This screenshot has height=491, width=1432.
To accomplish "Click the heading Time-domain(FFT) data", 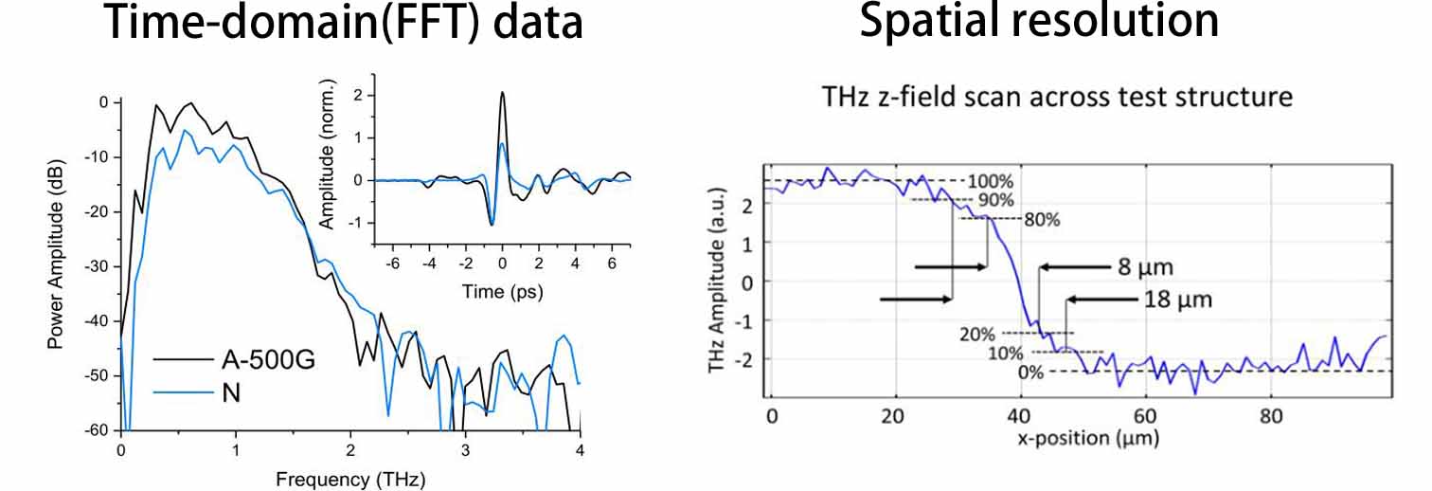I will [344, 22].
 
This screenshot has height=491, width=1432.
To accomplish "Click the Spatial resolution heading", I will [1039, 22].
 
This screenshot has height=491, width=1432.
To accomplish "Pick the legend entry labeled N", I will [231, 391].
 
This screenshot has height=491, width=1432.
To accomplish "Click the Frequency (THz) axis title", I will [351, 479].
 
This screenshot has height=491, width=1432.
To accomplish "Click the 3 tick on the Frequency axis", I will [465, 448].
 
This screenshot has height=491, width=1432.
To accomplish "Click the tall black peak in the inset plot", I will [502, 93].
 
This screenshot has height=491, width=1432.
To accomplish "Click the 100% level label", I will [991, 180].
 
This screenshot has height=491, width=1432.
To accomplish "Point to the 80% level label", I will [1041, 219].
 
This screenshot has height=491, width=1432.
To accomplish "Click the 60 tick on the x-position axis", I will [1146, 416].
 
